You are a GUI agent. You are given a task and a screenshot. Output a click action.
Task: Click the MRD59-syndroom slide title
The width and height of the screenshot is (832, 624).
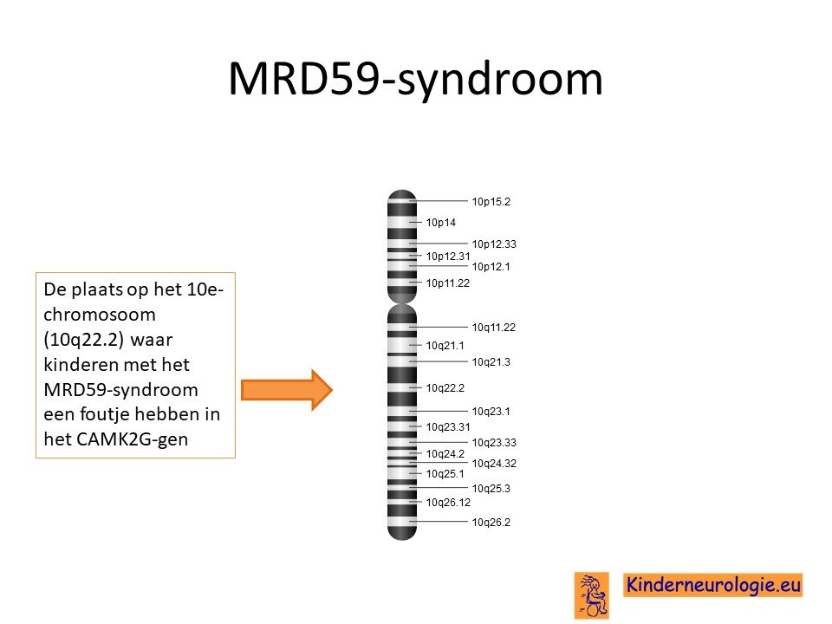415,80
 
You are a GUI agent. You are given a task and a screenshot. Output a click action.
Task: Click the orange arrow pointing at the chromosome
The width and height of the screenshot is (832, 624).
287,390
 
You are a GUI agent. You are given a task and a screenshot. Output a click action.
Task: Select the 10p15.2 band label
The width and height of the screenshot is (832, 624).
491,202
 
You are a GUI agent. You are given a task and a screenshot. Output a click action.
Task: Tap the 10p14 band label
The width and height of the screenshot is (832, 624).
440,223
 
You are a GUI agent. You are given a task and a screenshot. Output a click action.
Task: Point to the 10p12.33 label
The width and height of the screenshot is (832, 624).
494,244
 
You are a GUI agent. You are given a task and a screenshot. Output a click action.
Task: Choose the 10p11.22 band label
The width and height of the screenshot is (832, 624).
447,283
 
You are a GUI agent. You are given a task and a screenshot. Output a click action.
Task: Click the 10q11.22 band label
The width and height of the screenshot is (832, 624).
493,328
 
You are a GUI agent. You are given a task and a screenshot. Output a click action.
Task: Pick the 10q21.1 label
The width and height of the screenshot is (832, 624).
445,346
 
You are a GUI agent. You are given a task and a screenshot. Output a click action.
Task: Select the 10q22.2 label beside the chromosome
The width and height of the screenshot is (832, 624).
445,388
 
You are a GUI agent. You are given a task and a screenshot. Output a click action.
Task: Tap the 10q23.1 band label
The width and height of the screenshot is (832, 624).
491,411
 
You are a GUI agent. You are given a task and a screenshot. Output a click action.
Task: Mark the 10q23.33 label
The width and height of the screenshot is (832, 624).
494,443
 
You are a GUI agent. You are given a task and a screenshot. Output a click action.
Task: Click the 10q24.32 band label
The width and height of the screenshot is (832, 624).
494,463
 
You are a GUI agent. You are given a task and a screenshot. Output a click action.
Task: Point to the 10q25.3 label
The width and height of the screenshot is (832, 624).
491,488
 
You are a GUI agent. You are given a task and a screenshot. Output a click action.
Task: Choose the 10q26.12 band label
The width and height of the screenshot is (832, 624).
448,502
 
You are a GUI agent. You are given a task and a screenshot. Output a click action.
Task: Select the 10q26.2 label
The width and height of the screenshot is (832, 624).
491,522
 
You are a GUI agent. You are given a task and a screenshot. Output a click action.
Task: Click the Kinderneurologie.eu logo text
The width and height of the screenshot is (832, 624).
712,585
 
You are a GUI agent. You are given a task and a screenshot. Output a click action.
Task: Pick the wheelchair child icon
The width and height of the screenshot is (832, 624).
592,595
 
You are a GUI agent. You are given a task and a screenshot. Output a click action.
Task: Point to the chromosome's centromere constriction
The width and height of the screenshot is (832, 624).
402,303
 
